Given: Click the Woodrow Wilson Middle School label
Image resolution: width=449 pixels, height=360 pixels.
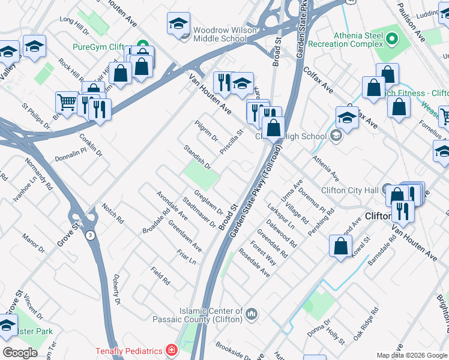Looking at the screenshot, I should coord(220,34).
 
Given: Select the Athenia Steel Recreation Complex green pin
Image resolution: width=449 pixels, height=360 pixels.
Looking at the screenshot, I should coord(391,40).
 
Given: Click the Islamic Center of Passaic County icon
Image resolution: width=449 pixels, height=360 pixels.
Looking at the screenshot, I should coord(252,313).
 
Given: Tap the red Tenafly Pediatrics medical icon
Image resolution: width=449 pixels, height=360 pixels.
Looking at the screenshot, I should coord(172,350).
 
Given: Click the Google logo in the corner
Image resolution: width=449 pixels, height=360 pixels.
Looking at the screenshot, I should coord(20,353).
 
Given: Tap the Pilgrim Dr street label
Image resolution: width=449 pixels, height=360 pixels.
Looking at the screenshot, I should coord(206,131).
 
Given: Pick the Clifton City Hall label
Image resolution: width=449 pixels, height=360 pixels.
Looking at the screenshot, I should coord(350,190).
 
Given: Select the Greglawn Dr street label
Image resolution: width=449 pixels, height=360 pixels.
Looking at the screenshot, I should coord(208,204).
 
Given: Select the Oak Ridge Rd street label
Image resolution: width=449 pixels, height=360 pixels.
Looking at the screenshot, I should coord(366,324).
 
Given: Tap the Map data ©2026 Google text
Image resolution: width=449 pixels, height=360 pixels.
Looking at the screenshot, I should coord(412,355).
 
